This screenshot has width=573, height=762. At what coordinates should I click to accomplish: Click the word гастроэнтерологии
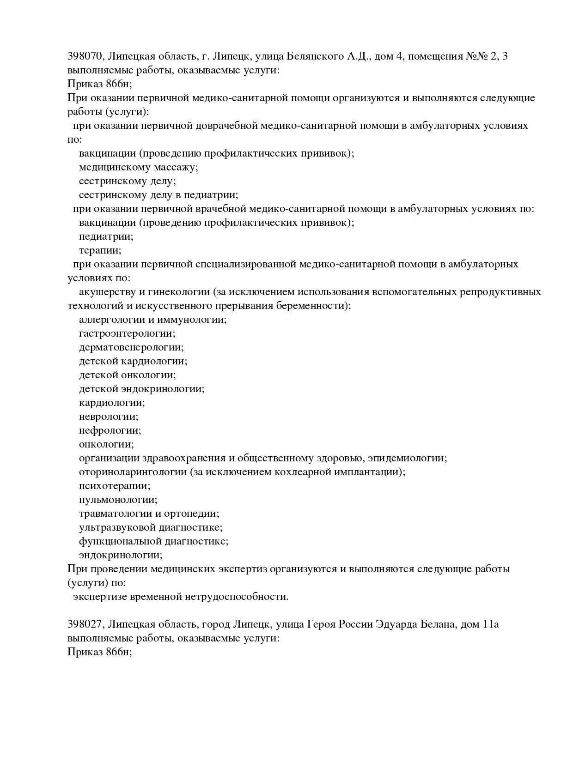point(127,333)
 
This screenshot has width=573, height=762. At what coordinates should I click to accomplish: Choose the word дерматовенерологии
point(131,347)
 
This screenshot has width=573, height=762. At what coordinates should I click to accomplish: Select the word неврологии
point(108,417)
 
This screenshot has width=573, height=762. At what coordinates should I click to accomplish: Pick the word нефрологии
point(110,430)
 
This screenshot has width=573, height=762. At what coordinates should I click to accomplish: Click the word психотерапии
point(114,486)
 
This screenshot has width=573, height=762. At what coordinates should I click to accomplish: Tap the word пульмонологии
point(118,500)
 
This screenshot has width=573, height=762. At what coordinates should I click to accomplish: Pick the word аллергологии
point(111,320)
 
